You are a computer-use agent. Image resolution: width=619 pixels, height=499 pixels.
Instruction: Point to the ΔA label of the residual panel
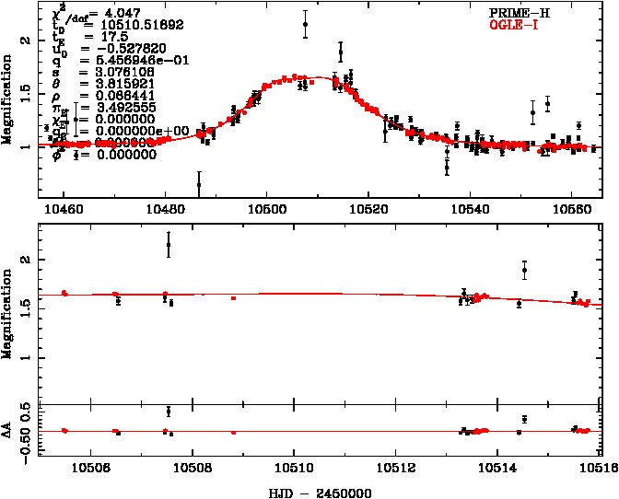point(10,429)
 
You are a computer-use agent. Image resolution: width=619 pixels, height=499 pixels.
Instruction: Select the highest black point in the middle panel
point(169,245)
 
